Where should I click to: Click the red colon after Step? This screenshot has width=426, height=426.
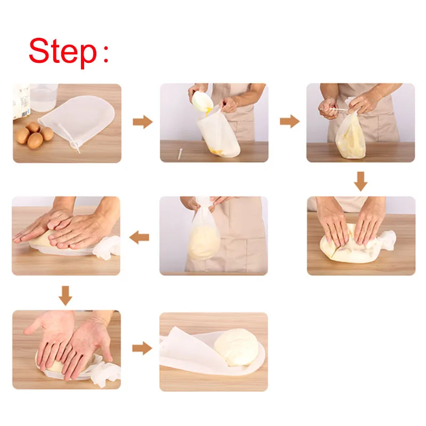coord(106,54)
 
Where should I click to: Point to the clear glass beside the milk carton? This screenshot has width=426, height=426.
coord(44,97)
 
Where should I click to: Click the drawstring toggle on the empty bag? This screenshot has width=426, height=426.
coord(75,144)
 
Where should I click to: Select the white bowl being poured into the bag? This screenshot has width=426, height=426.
coord(202,101)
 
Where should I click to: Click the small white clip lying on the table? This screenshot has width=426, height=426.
coord(179,153)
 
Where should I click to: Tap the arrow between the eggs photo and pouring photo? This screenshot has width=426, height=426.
coord(143,122)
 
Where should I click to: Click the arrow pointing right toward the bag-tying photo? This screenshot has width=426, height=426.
coord(290,121)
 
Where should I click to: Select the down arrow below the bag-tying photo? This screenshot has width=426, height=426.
coord(361,181)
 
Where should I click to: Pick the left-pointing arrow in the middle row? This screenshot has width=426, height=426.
coord(139,237)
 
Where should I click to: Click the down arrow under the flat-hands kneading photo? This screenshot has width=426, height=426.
coord(65,296)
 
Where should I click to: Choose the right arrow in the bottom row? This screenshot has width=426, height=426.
coord(142,348)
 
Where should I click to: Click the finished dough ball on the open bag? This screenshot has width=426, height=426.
coord(236,347)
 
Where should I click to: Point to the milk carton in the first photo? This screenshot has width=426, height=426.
coord(21,102)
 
